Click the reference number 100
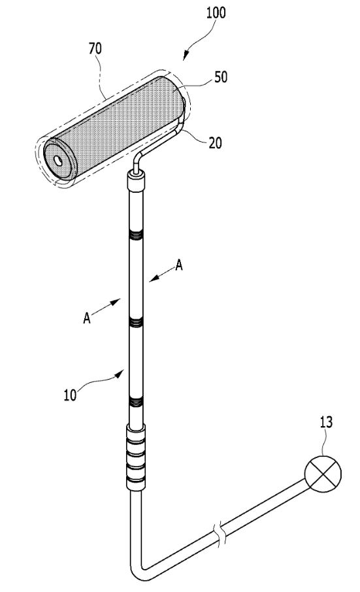tap(216, 12)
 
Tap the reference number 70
tap(95, 49)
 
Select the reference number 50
tap(221, 77)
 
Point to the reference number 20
tap(215, 143)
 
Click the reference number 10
tap(70, 395)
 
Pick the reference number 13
tap(326, 422)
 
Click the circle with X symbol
tap(323, 474)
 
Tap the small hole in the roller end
tap(58, 161)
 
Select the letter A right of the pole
tap(179, 265)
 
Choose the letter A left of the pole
tap(87, 318)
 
